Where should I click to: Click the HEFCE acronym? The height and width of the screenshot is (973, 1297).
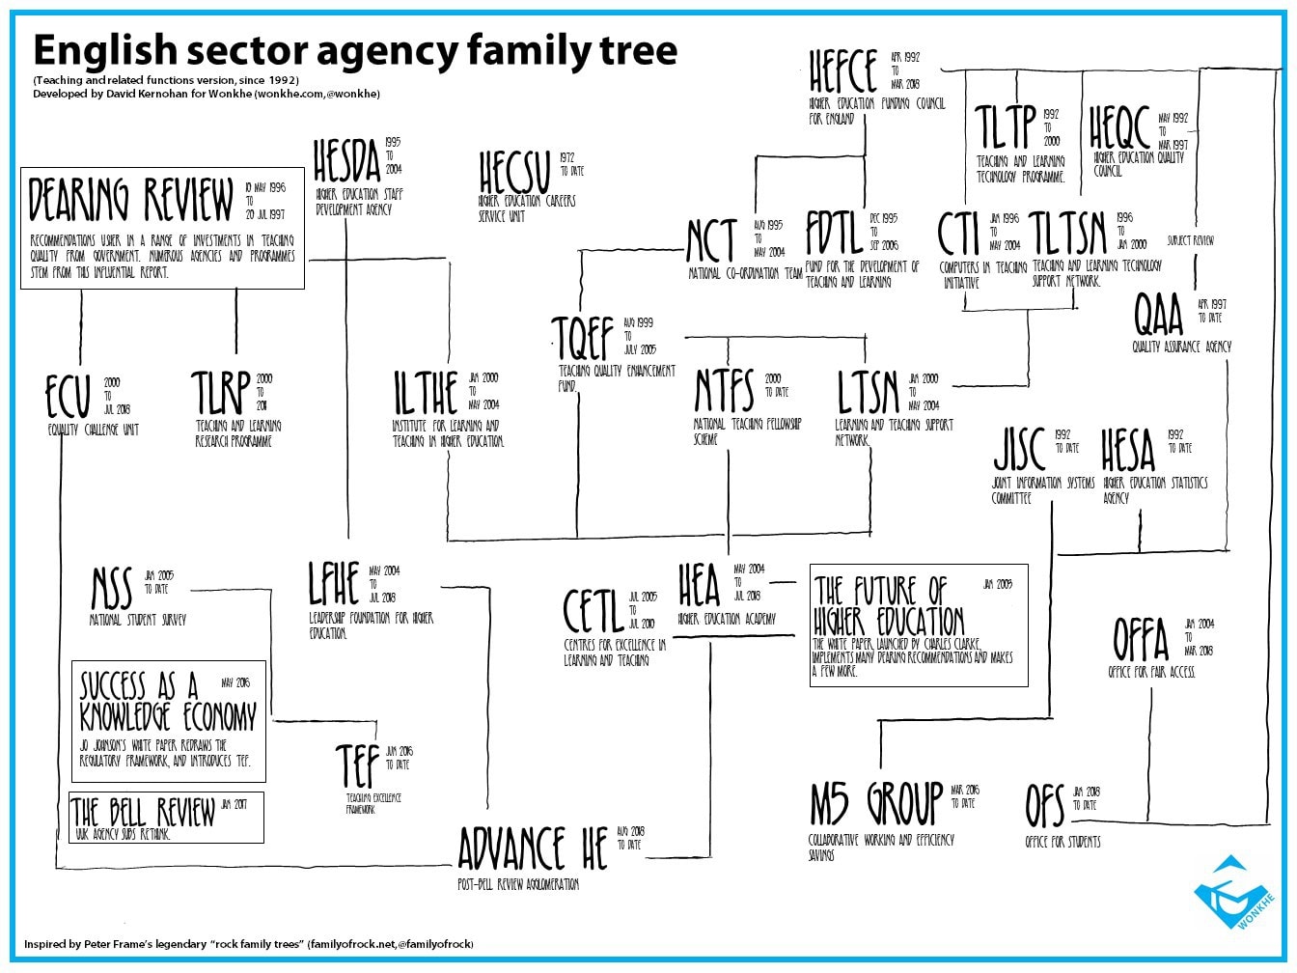coord(843,71)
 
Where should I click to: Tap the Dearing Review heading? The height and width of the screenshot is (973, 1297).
coord(131,200)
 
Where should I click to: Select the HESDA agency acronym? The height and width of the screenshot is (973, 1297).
coord(347,161)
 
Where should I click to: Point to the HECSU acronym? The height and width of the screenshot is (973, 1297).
coord(513,174)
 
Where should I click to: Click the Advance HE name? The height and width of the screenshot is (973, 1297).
coord(533,849)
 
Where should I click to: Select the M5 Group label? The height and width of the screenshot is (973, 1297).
coord(875,805)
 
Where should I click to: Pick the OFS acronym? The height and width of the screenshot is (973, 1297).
coord(1044,807)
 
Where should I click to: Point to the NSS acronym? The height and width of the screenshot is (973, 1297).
coord(112,589)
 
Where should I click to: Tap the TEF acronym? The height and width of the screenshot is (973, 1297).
coord(357,766)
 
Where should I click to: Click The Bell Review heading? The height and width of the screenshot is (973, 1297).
coord(144,812)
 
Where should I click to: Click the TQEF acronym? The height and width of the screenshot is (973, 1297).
coord(584,338)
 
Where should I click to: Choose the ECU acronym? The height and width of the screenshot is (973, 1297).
coord(69,398)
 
